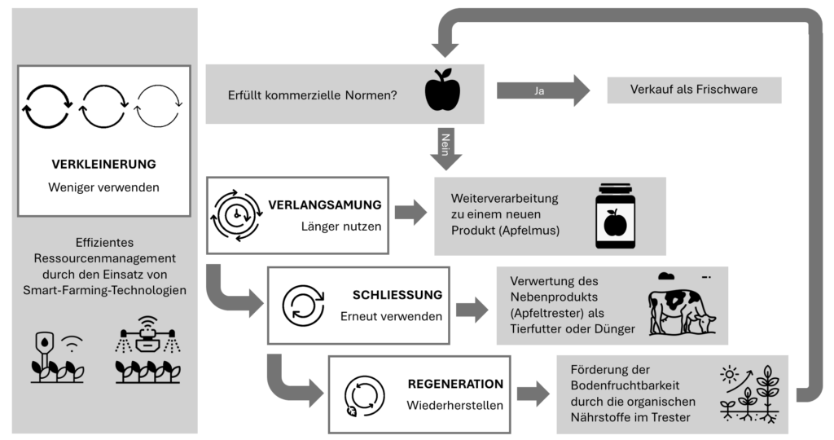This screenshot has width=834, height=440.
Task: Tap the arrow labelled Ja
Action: pos(542,90)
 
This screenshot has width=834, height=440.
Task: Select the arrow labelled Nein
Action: pos(446,147)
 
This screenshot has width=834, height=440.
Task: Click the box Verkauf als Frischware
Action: pos(694,90)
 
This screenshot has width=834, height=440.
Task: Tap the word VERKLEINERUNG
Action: pos(103,164)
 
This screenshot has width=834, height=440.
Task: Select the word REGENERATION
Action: pos(455,383)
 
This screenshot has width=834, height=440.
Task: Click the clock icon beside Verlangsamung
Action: pos(237,214)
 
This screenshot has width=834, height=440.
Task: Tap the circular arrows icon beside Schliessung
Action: pos(303,305)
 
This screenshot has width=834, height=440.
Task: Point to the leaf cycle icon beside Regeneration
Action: pos(363,395)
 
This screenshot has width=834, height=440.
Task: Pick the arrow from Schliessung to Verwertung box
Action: pos(472,308)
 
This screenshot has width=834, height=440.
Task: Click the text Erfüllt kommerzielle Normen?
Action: pos(313,95)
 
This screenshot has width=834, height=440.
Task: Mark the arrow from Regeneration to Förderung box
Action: pos(533,395)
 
